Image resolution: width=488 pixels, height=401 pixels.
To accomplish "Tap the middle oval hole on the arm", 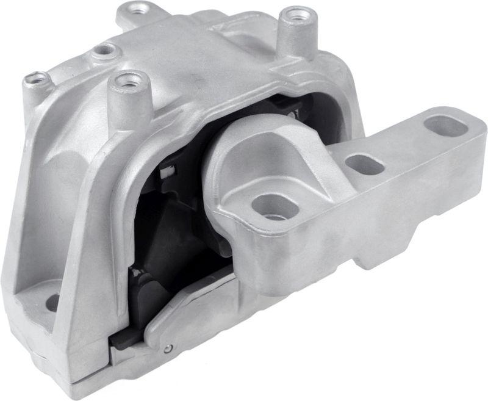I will (x=364, y=164).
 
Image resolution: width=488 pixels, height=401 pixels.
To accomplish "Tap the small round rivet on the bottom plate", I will (x=168, y=349).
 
